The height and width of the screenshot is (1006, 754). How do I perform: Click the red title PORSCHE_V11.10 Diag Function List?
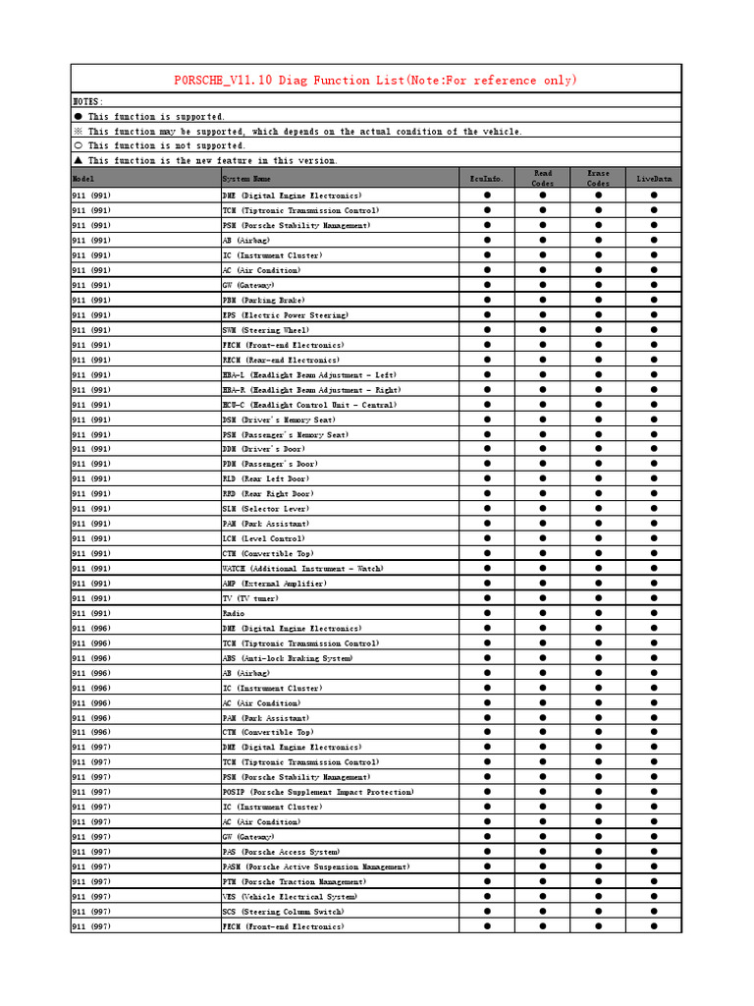376,80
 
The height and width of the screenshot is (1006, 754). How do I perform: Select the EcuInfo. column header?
487,179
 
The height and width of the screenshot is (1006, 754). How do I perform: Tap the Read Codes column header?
543,178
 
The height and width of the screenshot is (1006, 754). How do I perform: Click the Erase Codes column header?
598,178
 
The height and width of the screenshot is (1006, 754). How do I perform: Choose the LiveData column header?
654,179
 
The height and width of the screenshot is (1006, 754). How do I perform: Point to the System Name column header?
246,179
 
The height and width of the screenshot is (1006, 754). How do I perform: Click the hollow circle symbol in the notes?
79,145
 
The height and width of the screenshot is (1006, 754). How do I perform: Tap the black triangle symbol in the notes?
79,160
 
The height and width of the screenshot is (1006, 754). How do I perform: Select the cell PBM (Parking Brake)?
263,300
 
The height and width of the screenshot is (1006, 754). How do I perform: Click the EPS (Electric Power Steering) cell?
285,315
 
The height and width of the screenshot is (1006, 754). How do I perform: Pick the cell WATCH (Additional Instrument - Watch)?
302,569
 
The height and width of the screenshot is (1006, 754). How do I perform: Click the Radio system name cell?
234,613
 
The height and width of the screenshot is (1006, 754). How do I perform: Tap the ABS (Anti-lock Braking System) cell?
287,658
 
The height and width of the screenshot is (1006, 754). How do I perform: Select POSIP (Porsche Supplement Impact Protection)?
318,792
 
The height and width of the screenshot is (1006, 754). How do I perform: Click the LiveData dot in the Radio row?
654,613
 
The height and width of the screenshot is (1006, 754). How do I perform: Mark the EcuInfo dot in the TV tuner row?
487,598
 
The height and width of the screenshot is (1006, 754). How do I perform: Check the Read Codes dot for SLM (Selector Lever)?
543,509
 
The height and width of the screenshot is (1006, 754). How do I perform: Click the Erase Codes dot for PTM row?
598,881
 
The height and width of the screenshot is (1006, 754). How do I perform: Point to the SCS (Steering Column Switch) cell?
283,912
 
